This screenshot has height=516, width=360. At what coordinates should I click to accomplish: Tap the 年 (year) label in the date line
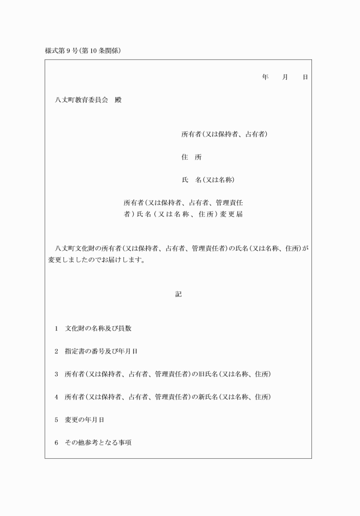click(x=265, y=77)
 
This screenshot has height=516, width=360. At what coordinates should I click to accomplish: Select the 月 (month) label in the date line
click(x=285, y=77)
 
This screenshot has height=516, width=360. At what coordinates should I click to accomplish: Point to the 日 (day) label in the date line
click(x=305, y=77)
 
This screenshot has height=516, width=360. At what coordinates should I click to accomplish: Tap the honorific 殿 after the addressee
click(x=118, y=99)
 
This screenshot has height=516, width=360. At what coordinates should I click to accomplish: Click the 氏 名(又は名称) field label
click(x=208, y=180)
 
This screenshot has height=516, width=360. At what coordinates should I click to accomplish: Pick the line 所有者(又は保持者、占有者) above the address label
click(x=225, y=134)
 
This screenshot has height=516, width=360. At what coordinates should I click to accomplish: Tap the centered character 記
click(x=178, y=294)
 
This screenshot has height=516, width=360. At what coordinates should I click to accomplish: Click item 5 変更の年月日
click(x=84, y=420)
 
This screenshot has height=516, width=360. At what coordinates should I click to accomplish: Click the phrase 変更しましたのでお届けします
click(x=96, y=260)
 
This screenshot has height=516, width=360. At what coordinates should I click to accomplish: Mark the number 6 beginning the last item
click(x=57, y=443)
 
